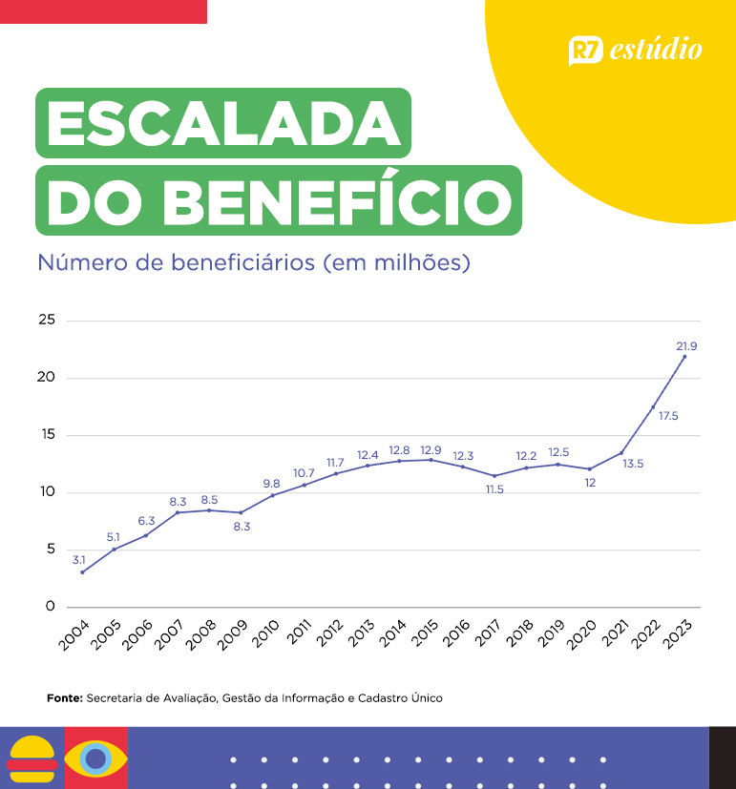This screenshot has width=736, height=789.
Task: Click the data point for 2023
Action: click(684, 357)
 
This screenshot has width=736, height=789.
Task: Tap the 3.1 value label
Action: click(79, 559)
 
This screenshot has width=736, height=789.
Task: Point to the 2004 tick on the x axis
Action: click(75, 633)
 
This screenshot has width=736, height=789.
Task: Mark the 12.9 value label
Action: click(431, 448)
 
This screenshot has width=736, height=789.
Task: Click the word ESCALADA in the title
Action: click(223, 124)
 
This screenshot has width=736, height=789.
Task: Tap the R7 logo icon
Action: click(585, 51)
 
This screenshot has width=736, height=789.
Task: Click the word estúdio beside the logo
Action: click(656, 50)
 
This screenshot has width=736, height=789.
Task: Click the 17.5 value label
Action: click(668, 416)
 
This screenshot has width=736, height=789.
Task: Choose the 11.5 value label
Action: click(494, 489)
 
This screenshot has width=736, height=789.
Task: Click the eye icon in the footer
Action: click(95, 758)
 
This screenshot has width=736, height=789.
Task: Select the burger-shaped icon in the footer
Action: click(31, 758)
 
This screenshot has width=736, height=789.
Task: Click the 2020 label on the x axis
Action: click(582, 633)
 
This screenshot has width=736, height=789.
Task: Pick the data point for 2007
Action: click(178, 512)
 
